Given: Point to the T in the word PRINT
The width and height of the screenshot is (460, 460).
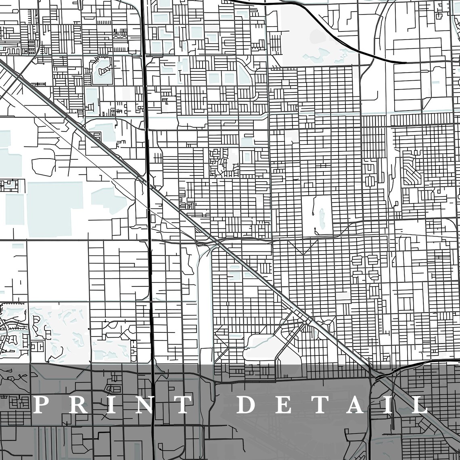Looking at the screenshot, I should coord(182,405).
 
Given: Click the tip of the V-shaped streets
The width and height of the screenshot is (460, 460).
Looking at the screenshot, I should coord(302,254).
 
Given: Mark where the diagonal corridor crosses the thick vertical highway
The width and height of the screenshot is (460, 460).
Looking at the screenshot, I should coord(148,184).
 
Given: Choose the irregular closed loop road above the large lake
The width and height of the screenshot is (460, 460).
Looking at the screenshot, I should coord(43,165).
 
